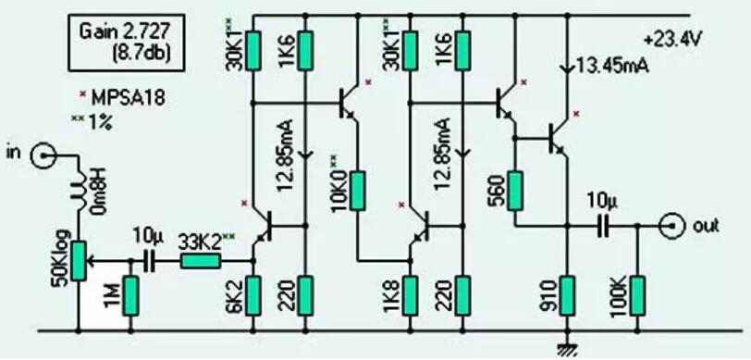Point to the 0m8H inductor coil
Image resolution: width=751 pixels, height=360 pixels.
coord(79,193)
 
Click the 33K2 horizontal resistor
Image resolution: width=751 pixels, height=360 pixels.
coord(199,262)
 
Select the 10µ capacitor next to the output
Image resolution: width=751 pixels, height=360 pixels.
coord(603,225)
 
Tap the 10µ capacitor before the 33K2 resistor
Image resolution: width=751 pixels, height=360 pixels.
coord(149,262)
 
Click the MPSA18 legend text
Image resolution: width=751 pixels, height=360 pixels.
coord(119,95)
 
